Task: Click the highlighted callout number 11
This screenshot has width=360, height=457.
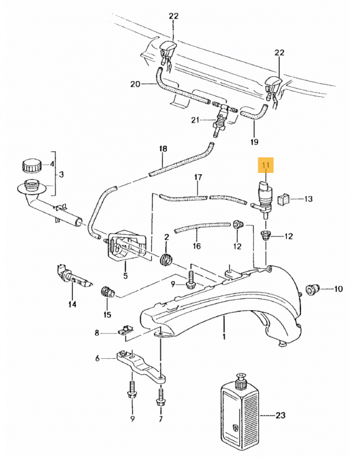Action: coord(266,165)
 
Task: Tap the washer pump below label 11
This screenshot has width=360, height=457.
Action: coord(263,199)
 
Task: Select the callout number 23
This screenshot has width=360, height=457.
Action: coord(280,415)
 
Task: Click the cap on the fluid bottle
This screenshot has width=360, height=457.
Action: coord(241,381)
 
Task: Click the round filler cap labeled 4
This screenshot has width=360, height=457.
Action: coord(32,166)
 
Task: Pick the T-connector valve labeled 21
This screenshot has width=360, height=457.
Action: coord(222,118)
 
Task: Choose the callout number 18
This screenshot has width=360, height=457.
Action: coord(163,149)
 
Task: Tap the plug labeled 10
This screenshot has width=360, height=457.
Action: coord(312,289)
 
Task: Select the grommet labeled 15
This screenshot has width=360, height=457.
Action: coord(107,292)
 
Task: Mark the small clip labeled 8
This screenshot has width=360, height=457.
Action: coord(125,330)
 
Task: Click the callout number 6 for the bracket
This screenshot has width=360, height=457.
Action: coord(97,358)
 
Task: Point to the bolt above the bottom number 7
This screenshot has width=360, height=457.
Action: coord(160,398)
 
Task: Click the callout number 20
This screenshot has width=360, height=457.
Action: coord(135,84)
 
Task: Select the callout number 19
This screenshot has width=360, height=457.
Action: coord(254,142)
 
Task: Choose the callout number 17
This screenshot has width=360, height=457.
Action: coord(198,177)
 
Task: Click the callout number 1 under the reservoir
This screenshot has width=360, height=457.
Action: coord(224,337)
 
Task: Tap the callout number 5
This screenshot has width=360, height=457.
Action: coord(125,275)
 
